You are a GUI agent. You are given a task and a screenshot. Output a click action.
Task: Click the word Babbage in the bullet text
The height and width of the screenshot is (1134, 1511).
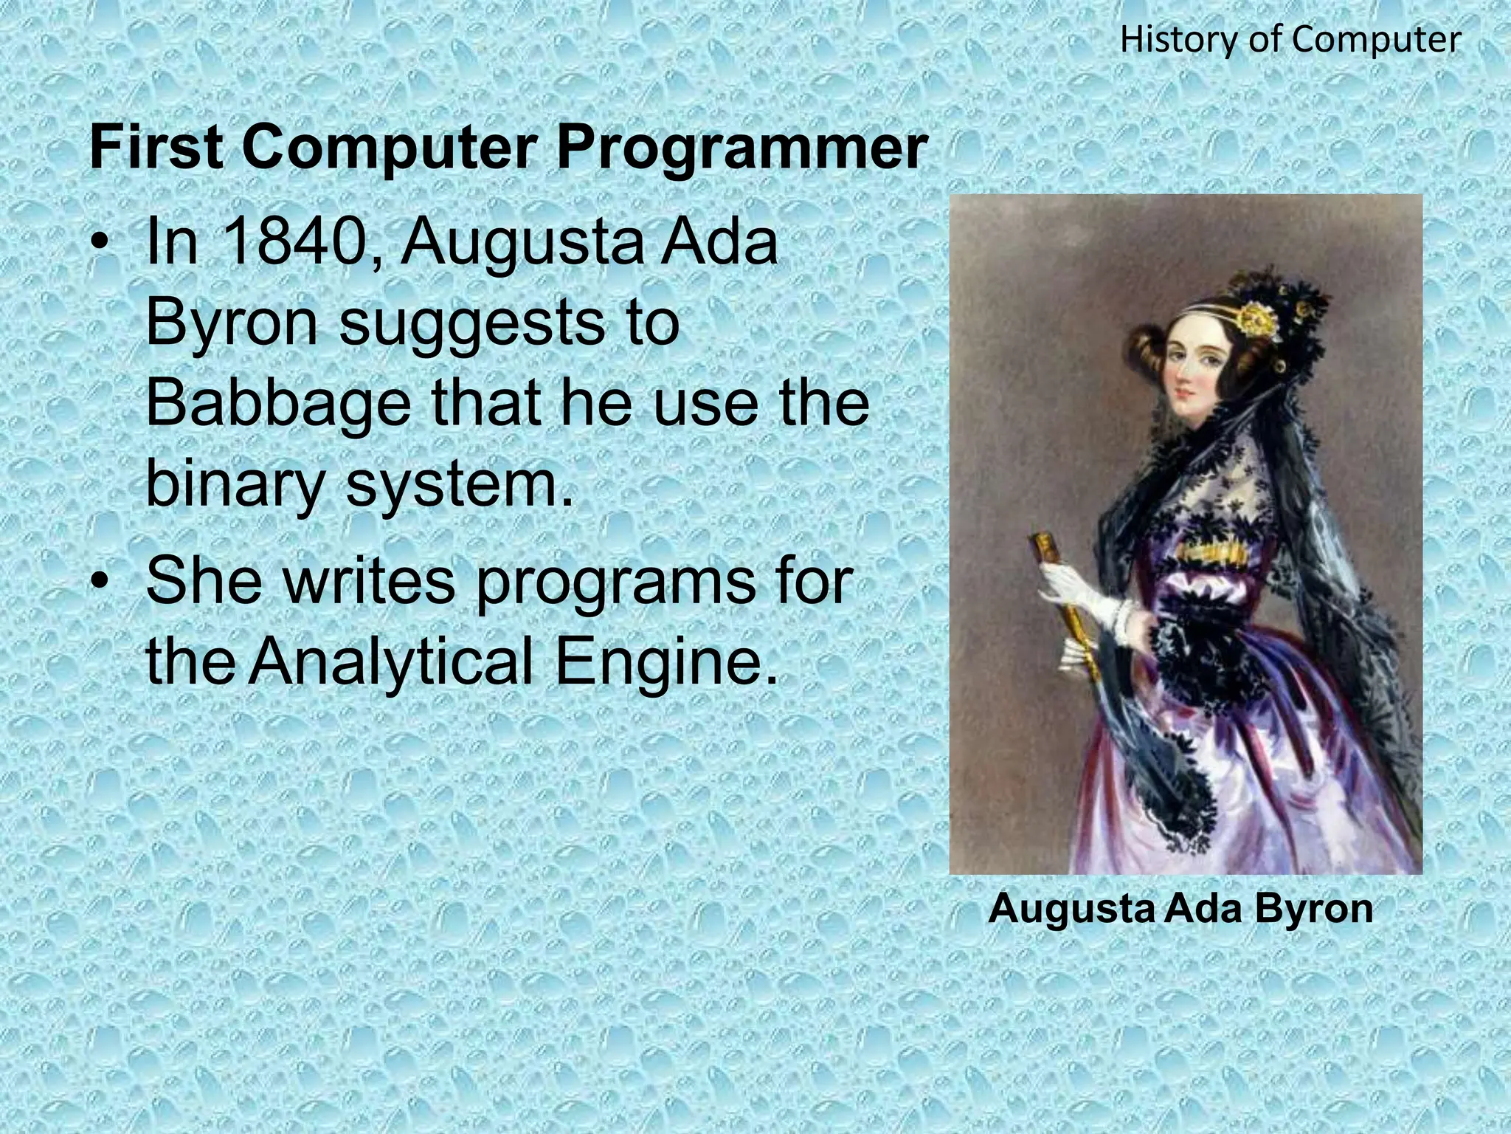tap(277, 404)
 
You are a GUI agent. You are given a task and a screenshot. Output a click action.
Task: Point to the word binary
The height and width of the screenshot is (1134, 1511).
tap(235, 485)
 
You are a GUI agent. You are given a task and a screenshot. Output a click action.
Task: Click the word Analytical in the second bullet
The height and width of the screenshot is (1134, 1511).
tap(390, 660)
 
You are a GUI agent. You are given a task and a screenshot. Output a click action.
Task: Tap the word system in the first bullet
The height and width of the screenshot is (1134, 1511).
tap(459, 485)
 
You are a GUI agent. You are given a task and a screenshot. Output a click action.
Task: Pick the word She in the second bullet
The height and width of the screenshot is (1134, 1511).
tap(204, 580)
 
